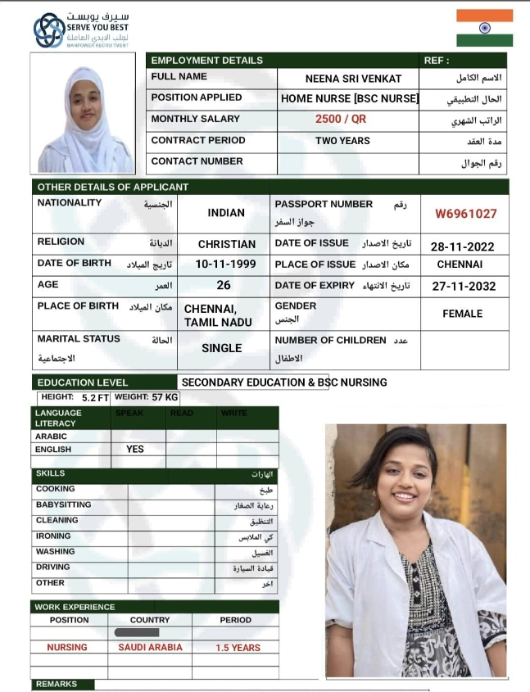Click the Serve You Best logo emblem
[48, 30]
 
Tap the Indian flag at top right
[484, 28]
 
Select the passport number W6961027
[465, 214]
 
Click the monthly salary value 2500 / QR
[341, 119]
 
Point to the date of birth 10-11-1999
[225, 265]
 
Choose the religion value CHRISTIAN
[227, 244]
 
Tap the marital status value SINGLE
[222, 348]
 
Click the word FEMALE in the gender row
[462, 314]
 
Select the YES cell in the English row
[135, 450]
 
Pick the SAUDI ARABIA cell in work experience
[150, 647]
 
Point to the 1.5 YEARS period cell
[238, 648]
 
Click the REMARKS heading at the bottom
[57, 684]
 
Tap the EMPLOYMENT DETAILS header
[207, 61]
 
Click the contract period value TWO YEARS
[342, 141]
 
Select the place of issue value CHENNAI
[460, 265]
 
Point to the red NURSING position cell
[67, 647]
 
